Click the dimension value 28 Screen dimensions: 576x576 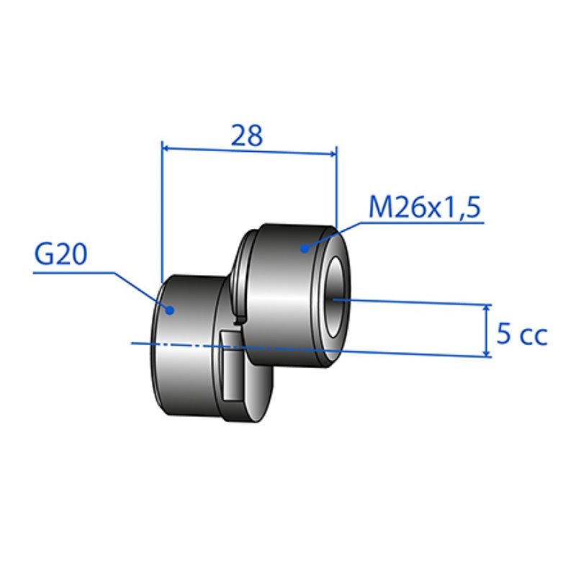pos(247,135)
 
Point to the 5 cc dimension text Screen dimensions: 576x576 pos(521,334)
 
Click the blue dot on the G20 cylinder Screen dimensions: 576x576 pos(169,310)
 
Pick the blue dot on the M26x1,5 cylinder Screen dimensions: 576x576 pos(304,248)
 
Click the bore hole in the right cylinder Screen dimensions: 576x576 pos(335,297)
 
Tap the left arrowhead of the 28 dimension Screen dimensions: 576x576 pos(166,148)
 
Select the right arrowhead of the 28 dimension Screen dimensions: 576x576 pos(332,153)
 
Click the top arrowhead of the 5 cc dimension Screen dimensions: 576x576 pos(487,308)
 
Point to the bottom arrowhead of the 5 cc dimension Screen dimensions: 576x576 pos(487,352)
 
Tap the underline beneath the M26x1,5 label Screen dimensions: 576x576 pos(423,222)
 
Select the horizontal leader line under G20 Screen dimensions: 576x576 pos(73,273)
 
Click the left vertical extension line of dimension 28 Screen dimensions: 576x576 pos(161,211)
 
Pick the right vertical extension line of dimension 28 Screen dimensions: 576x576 pos(336,186)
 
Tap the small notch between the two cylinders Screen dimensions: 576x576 pos(238,320)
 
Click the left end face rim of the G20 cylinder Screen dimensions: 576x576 pos(156,346)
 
